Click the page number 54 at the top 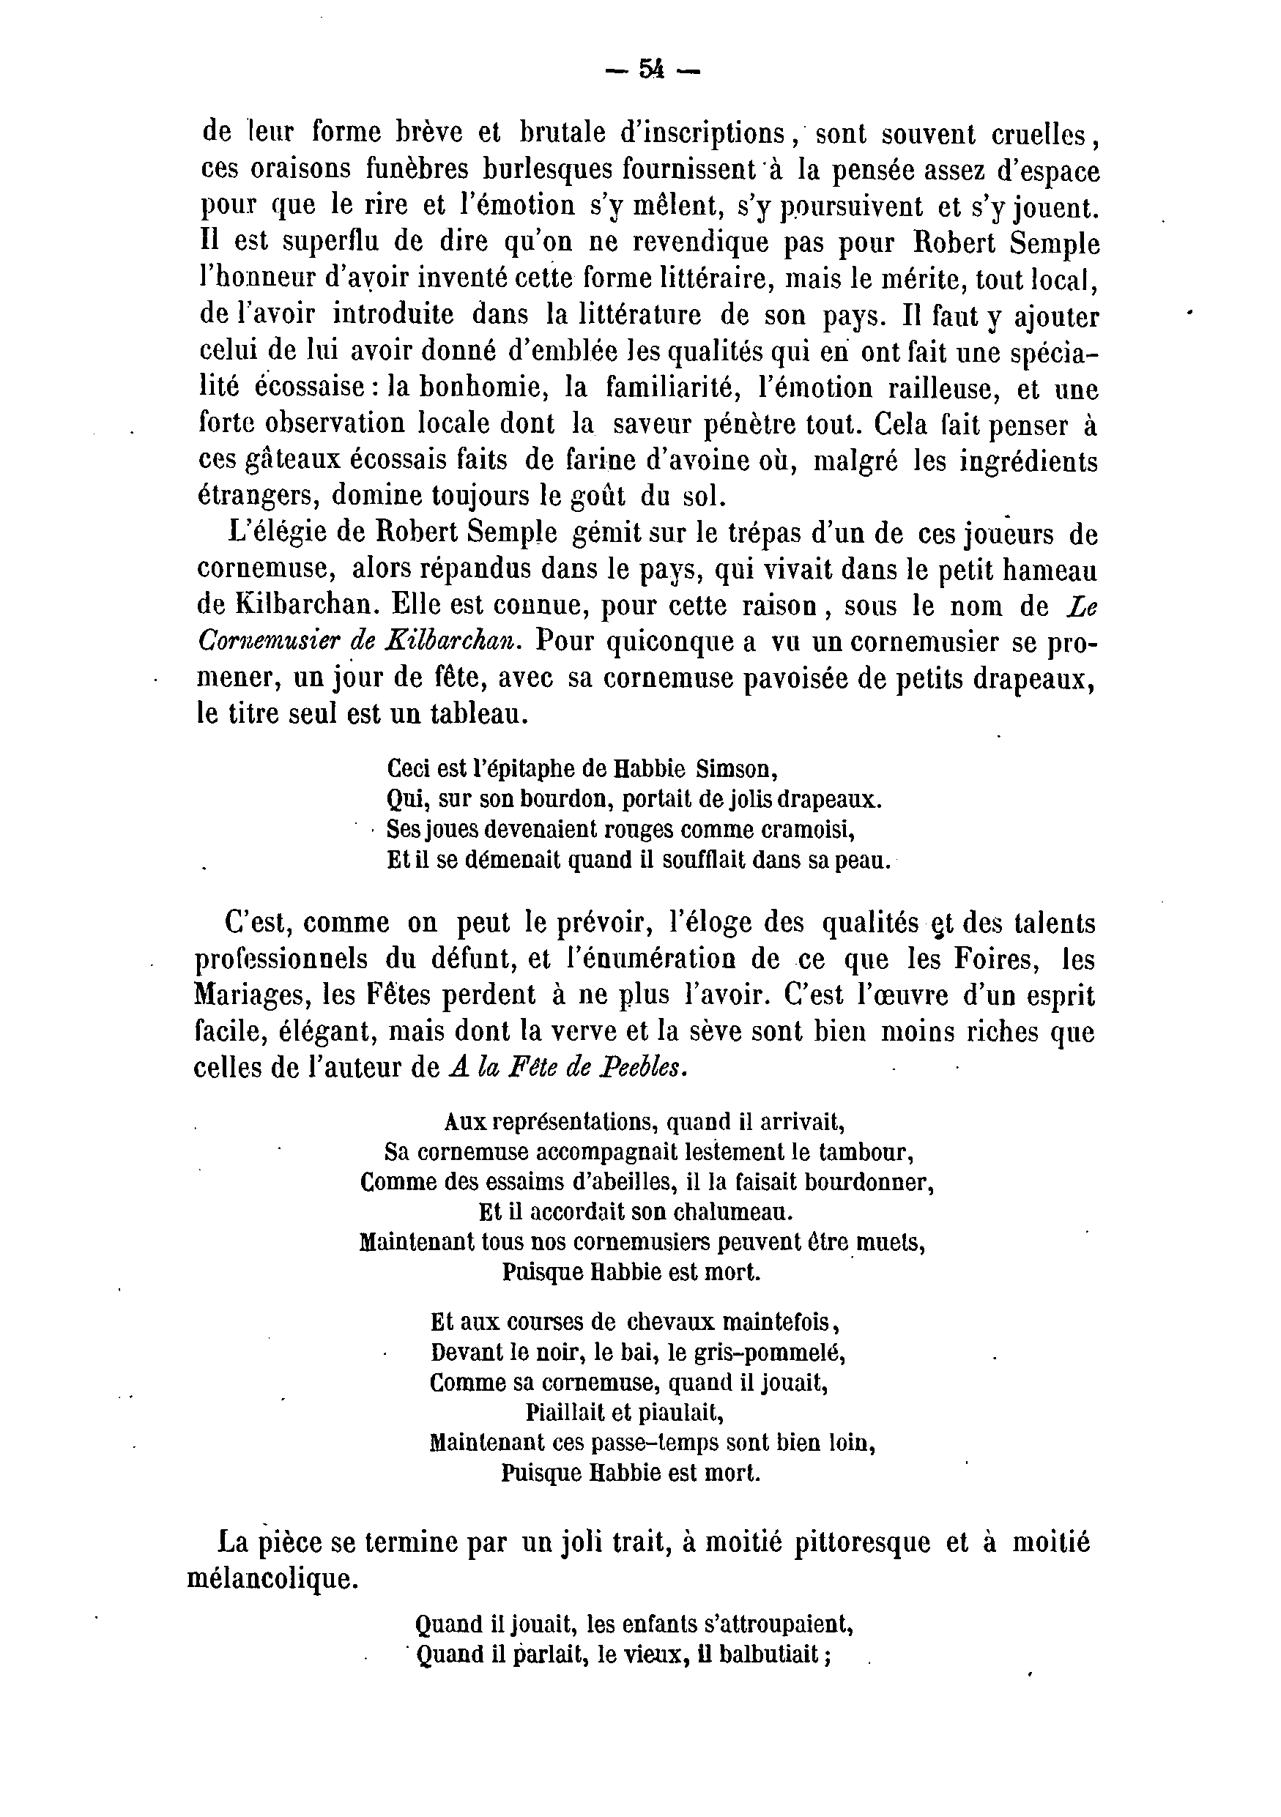pyautogui.click(x=652, y=70)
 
